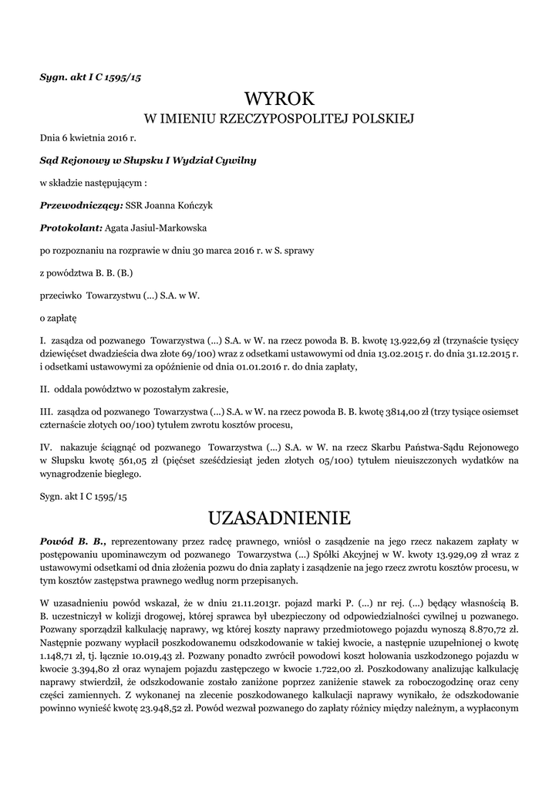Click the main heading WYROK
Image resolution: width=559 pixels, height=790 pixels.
(280, 99)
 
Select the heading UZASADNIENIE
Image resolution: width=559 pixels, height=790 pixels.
(280, 515)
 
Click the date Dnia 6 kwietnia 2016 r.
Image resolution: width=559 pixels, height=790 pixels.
(88, 138)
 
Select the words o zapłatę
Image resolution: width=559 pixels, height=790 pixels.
(58, 317)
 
